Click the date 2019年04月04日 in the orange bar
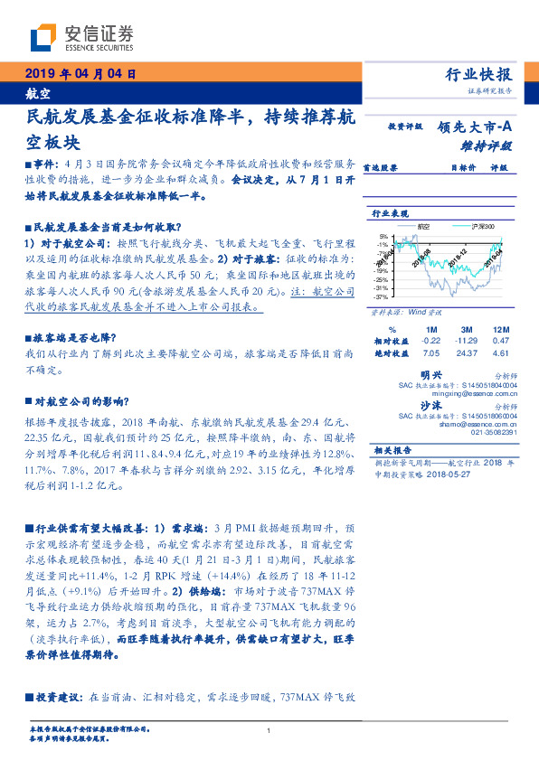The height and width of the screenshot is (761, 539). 80,73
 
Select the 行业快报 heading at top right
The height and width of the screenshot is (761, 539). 478,75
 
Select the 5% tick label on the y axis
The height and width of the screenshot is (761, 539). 384,235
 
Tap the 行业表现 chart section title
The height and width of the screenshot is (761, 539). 390,213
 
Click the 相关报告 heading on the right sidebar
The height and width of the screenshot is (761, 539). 390,449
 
